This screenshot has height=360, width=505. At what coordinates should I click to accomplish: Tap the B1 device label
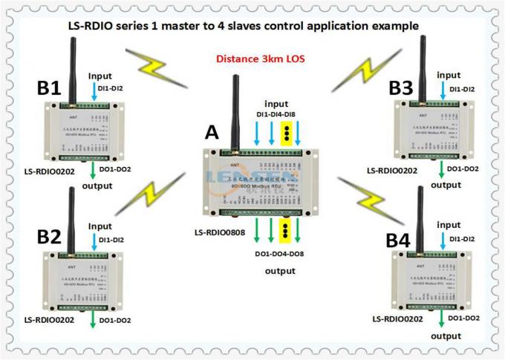(49, 88)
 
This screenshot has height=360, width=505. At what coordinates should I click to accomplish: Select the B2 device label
(49, 238)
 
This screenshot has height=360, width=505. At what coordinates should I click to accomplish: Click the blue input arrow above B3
(443, 89)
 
